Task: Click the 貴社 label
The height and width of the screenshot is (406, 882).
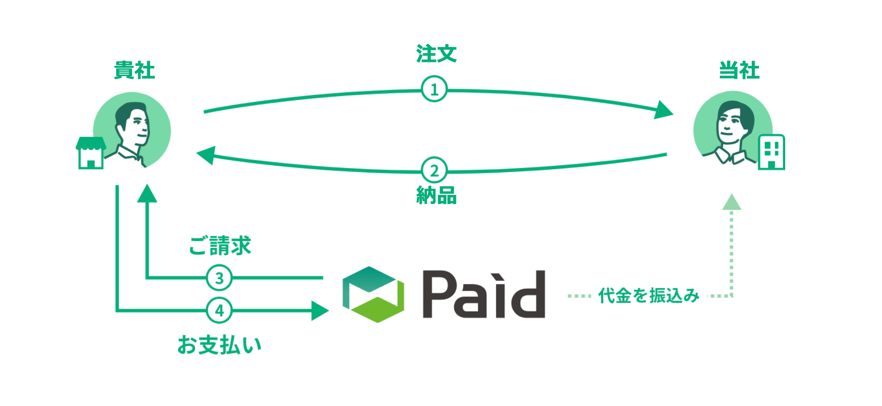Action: (135, 71)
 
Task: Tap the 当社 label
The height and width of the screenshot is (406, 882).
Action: (739, 71)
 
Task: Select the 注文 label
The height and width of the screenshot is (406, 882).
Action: (436, 54)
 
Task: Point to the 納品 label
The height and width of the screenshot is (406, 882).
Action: (436, 196)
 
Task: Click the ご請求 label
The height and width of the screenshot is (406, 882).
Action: (220, 246)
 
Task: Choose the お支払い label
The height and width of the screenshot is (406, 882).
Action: (219, 345)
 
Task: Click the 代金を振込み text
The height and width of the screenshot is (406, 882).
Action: (649, 295)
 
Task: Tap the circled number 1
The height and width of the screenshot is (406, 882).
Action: (434, 89)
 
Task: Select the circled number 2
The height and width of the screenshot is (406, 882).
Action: (434, 170)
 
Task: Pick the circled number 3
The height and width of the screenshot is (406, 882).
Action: (219, 278)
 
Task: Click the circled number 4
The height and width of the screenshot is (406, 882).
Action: (219, 311)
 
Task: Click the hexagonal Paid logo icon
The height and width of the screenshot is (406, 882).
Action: (373, 295)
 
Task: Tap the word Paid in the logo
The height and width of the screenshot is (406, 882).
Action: (484, 295)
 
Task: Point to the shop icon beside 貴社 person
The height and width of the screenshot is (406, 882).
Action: (91, 153)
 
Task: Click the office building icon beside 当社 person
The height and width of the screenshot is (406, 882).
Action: (771, 152)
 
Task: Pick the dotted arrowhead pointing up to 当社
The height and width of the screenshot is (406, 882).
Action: (731, 203)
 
